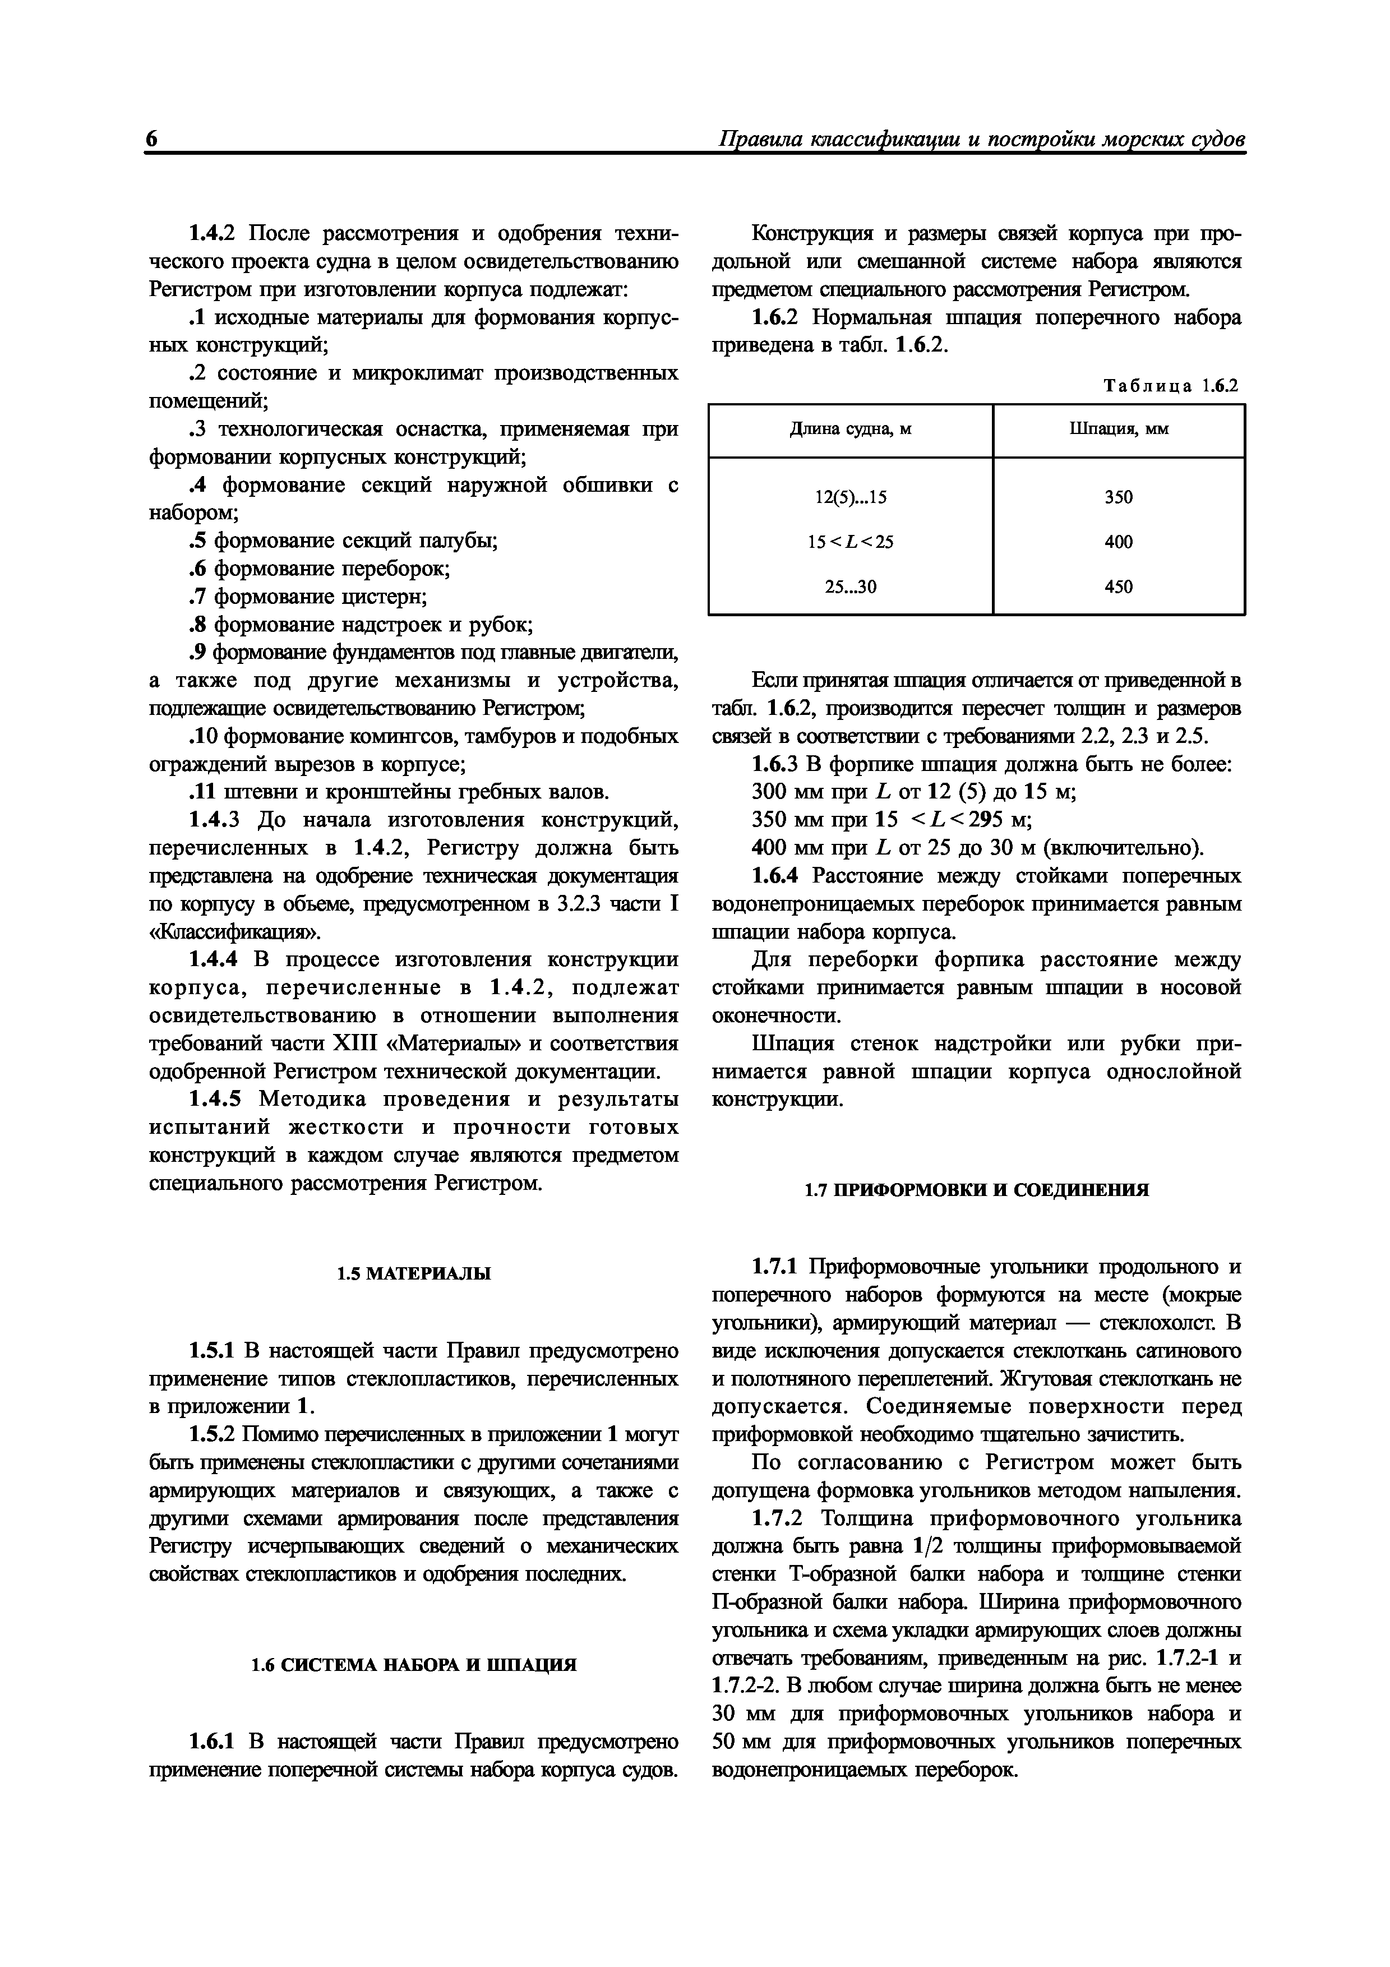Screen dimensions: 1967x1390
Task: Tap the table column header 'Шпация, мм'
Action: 1119,429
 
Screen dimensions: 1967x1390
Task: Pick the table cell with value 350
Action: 1119,497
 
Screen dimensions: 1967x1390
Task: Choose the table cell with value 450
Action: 1119,587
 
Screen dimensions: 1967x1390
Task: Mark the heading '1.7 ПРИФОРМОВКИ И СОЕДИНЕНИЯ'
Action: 976,1190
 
